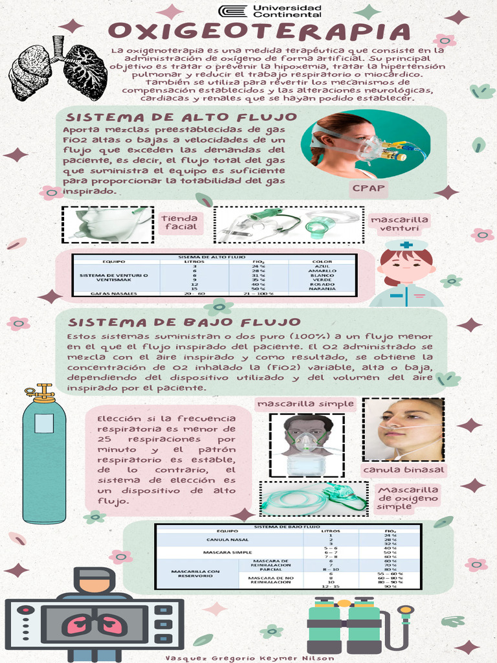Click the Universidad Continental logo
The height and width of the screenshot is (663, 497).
270,11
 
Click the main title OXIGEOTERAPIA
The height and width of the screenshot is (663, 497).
260,32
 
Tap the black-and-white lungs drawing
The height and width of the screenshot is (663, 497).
58,70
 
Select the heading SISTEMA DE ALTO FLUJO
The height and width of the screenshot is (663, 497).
182,117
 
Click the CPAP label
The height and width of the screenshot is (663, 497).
368,188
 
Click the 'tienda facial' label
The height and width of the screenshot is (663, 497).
179,222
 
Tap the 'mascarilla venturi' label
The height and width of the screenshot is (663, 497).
399,224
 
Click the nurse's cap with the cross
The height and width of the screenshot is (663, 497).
406,245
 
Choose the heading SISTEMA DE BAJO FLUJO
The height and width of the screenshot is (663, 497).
184,322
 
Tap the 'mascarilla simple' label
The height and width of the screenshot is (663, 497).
306,404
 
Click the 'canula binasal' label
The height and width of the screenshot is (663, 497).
404,469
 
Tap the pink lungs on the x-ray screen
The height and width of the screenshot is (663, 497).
94,625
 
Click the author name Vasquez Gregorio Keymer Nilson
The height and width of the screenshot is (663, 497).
250,658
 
